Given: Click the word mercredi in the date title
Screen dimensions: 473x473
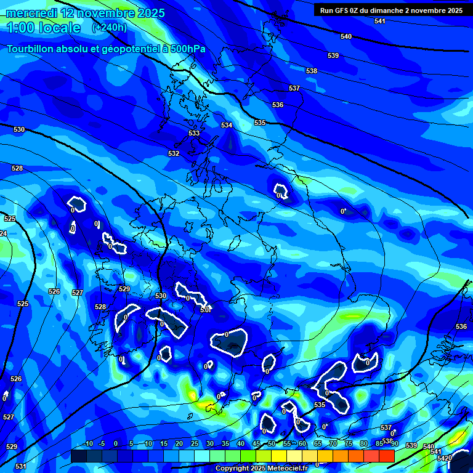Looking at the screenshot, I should [31, 13].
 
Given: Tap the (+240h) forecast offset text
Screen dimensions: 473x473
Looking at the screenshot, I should [109, 28].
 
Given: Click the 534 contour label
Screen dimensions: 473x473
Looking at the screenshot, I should [227, 125].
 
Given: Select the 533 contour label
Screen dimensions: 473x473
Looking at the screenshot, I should [194, 133].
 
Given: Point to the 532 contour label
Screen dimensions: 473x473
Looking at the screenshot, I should [174, 153].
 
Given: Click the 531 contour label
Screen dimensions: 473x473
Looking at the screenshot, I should [21, 466].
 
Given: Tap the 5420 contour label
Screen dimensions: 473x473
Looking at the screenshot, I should [444, 458].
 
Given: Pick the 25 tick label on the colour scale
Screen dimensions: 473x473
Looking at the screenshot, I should [194, 443].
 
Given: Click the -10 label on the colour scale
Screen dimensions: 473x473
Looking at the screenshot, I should [87, 443].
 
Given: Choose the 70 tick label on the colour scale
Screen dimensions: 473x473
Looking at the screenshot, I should [333, 443].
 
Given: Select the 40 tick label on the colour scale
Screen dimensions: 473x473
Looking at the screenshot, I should [240, 443].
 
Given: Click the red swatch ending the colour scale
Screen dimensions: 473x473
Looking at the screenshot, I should [386, 456].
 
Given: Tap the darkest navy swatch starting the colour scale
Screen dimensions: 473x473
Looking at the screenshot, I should [78, 456].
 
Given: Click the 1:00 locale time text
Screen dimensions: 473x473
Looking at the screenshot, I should [43, 28].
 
